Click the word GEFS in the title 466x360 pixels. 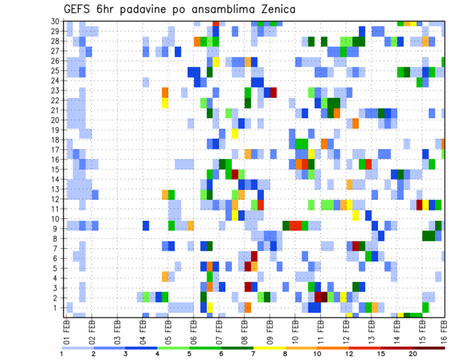(79, 9)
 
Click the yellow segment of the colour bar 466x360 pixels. (268, 348)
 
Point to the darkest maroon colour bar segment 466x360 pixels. (429, 348)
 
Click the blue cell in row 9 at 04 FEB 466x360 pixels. (146, 226)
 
